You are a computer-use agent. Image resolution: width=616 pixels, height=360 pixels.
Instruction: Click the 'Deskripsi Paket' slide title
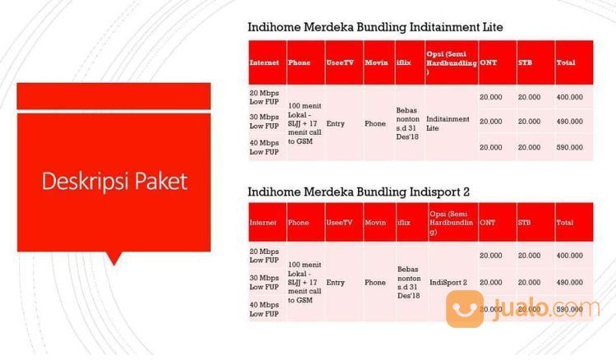[x=114, y=181]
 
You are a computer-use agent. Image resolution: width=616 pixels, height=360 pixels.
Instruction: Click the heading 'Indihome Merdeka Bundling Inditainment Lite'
[x=375, y=27]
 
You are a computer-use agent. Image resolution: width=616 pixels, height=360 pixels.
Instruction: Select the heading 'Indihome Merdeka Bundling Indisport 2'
[x=359, y=192]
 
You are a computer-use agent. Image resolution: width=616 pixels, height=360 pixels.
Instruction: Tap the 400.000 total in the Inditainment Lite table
[x=569, y=97]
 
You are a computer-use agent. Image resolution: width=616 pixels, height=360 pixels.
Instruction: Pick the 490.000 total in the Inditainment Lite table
[x=569, y=122]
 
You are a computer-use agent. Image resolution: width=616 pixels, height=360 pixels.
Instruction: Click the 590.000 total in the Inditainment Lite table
[x=569, y=147]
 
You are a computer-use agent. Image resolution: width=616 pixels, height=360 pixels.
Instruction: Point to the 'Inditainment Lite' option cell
[x=448, y=123]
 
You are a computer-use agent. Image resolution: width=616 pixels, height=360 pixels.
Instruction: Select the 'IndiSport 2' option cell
[x=448, y=283]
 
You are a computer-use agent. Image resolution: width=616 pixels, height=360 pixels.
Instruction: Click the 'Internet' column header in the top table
[x=264, y=62]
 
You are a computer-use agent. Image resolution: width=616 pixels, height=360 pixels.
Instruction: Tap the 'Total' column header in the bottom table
[x=565, y=223]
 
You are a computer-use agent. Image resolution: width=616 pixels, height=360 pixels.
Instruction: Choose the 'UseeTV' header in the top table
[x=339, y=62]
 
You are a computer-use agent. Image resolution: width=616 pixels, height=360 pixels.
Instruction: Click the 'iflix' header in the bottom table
[x=403, y=223]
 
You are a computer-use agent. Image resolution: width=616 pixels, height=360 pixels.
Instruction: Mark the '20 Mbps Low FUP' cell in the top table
[x=264, y=98]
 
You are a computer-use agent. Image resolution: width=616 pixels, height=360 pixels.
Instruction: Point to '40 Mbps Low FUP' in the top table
[x=264, y=147]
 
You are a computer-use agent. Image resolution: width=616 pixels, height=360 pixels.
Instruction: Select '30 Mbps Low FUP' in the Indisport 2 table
[x=264, y=282]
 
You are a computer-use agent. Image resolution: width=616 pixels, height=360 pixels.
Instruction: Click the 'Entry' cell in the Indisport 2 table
[x=335, y=283]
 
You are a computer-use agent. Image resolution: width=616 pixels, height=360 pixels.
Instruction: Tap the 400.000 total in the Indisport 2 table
[x=569, y=256]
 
